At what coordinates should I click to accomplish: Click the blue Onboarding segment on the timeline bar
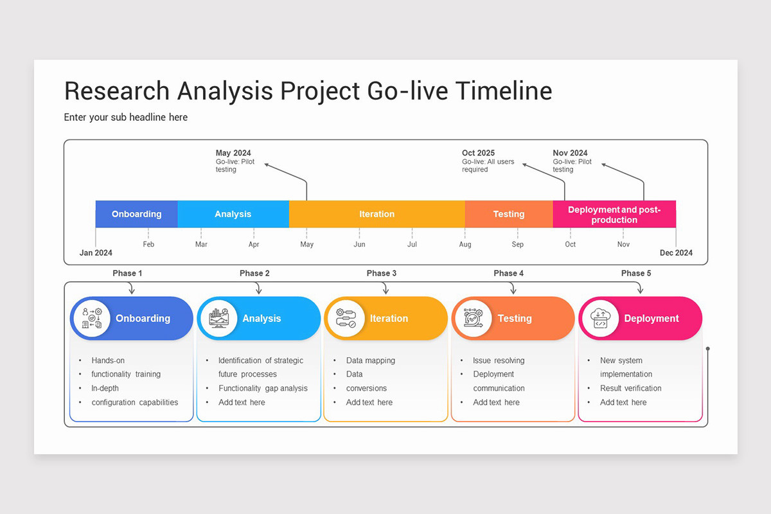(136, 214)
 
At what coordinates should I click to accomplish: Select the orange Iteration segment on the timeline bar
(377, 214)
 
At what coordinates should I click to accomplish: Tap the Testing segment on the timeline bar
(508, 214)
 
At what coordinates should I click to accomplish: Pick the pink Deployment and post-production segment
(614, 214)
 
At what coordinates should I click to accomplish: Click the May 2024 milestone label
(233, 153)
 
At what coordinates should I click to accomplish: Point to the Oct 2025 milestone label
(479, 153)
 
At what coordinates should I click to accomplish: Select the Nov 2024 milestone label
(570, 153)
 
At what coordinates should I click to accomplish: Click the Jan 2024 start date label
(96, 253)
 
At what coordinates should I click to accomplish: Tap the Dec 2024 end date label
(676, 253)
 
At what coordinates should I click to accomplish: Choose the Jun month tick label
(359, 244)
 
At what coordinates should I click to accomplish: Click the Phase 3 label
(382, 273)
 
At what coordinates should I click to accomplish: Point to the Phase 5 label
(636, 273)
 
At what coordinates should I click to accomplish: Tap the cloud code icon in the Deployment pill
(600, 319)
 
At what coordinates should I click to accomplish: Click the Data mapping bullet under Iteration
(371, 360)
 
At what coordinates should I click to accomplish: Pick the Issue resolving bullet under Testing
(499, 360)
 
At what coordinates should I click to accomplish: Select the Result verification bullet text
(630, 388)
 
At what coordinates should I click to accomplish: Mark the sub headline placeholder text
(126, 117)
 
